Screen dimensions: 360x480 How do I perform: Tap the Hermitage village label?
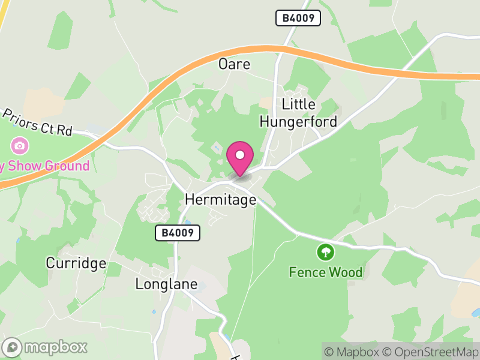[220, 200]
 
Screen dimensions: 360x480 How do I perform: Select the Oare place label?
[234, 64]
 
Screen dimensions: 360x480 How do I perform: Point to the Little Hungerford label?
[298, 113]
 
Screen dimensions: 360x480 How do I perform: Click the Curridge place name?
[76, 263]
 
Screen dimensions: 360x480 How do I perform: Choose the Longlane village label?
[166, 284]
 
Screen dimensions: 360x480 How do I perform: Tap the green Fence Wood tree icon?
[325, 251]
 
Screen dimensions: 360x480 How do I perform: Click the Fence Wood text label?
[326, 272]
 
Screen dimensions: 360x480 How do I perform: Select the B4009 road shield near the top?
[298, 18]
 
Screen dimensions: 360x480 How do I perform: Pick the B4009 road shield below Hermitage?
[178, 233]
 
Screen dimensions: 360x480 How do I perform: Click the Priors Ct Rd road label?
[37, 122]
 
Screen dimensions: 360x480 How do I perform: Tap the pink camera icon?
[20, 145]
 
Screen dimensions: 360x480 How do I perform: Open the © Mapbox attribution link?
[353, 352]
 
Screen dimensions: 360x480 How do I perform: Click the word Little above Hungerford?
[298, 104]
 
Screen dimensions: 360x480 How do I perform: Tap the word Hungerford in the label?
[298, 122]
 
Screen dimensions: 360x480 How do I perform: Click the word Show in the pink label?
[23, 166]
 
